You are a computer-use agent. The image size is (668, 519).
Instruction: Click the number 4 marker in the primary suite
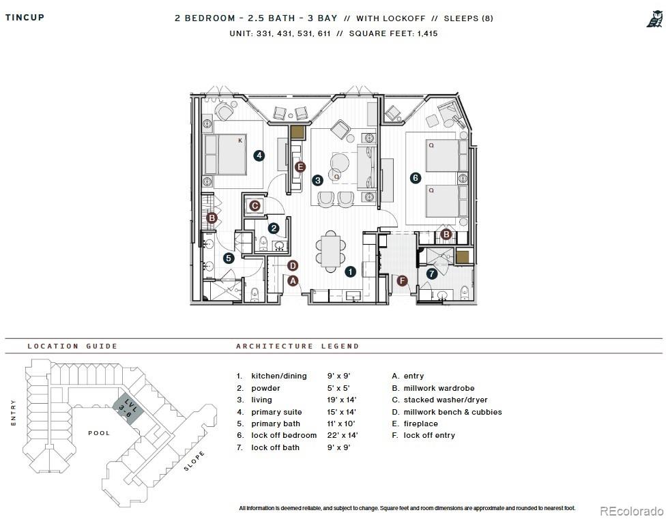coord(259,155)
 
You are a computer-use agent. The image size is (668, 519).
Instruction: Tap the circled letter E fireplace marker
coord(300,166)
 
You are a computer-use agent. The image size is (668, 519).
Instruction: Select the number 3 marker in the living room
coord(317,181)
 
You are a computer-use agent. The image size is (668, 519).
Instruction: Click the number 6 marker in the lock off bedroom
coord(415,178)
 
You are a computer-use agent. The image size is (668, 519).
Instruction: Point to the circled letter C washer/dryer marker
coord(255,205)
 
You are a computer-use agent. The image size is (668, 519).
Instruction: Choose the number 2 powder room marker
coord(274,228)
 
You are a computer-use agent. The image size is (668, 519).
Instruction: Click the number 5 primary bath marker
coord(229,258)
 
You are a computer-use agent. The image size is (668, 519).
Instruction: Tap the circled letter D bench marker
coord(293,265)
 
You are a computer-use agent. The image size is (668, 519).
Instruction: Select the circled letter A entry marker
coord(293,280)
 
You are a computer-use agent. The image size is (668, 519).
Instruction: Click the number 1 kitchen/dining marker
coord(350,271)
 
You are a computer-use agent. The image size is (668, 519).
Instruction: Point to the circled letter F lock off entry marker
coord(402,280)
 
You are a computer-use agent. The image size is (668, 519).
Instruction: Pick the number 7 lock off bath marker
coord(431,273)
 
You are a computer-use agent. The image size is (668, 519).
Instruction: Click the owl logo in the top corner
coord(654,19)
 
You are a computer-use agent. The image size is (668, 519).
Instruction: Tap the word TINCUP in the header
coord(25,17)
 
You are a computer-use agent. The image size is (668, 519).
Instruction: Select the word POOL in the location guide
coord(99,433)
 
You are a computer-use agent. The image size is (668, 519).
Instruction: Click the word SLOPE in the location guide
coord(194,462)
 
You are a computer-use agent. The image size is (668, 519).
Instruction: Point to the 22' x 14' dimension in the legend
coord(343,435)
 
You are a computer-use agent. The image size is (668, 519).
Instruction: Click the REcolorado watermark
coord(631,511)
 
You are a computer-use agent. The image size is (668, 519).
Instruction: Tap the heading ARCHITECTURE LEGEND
coord(297,346)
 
